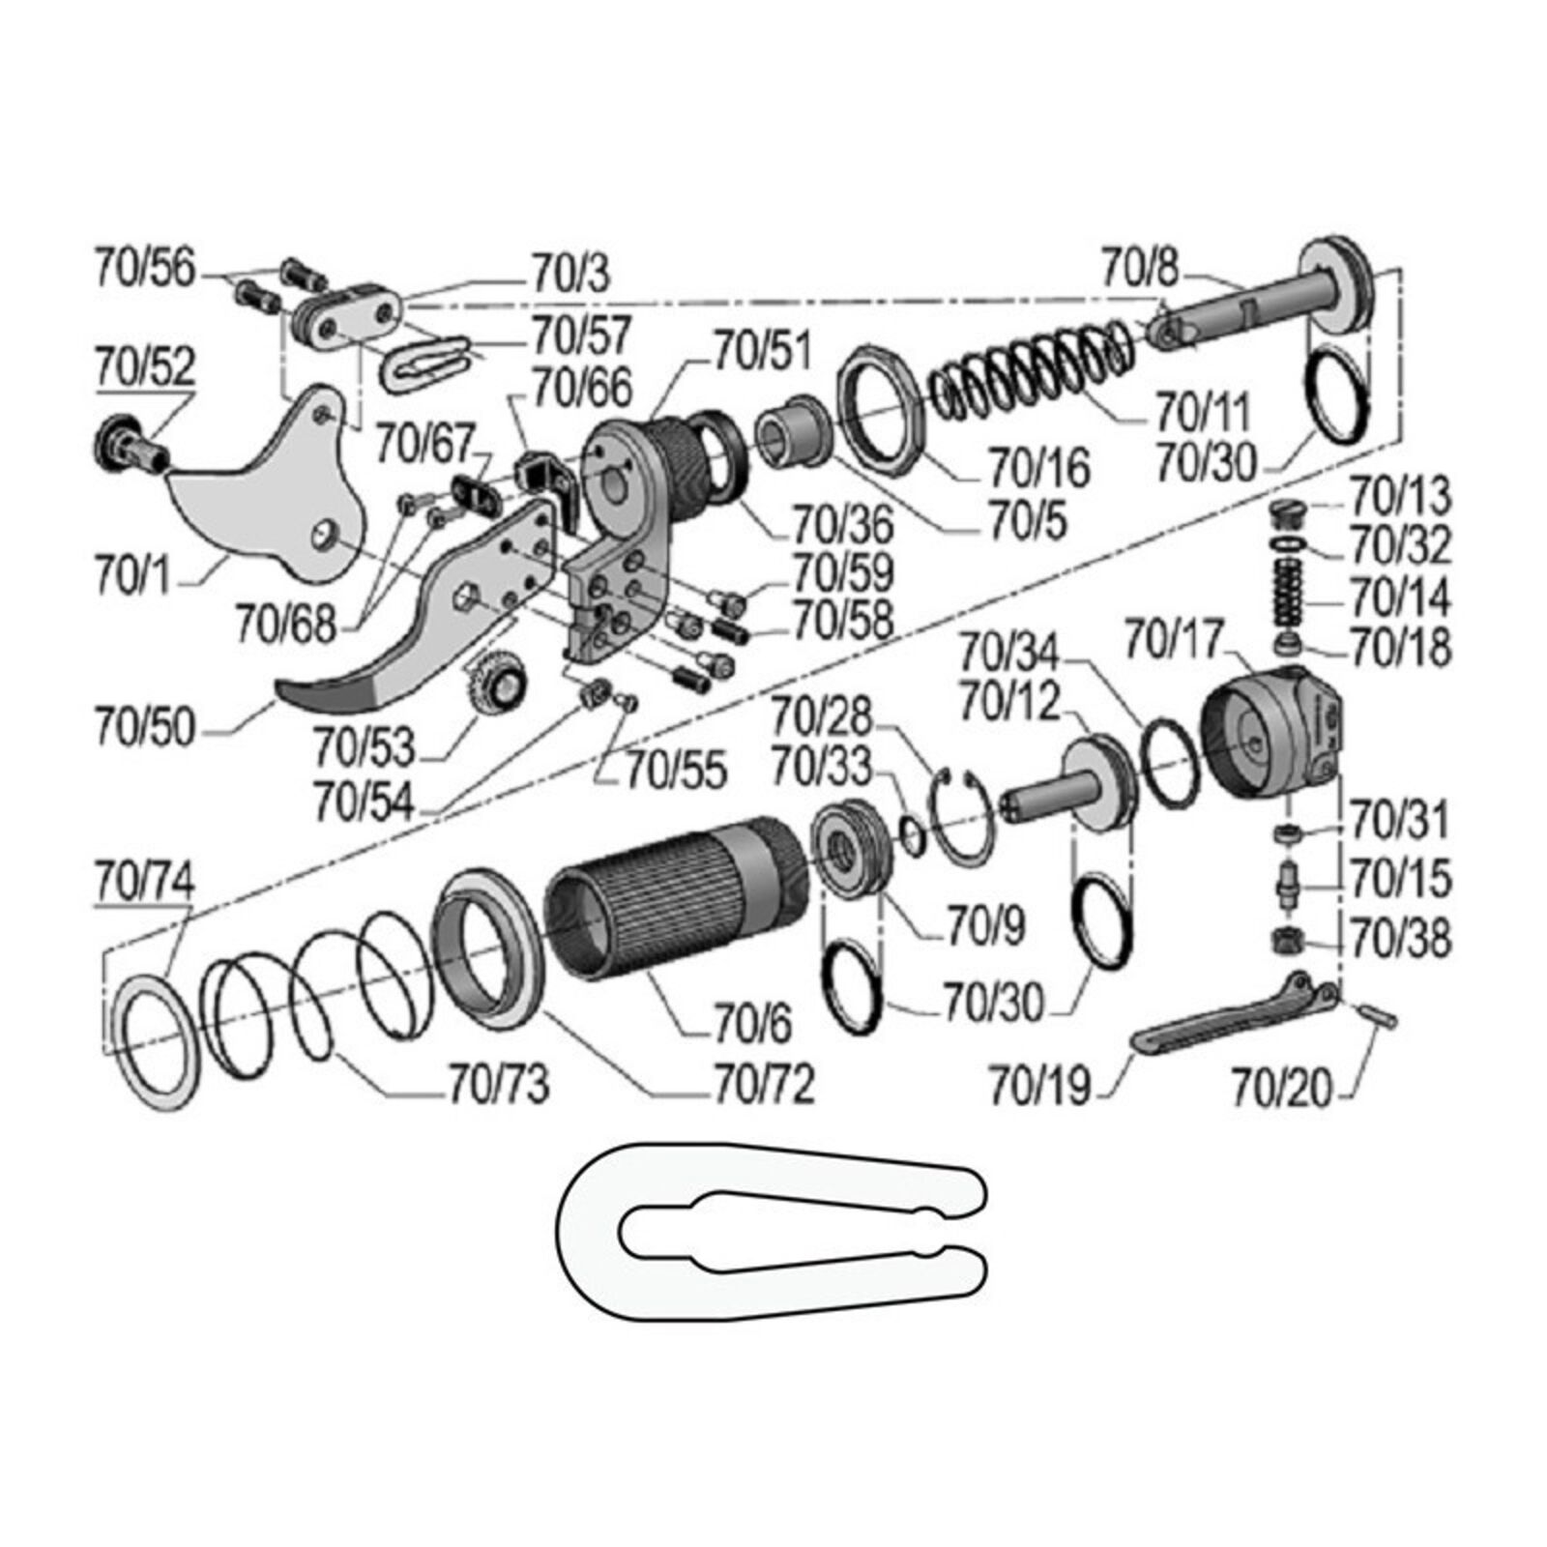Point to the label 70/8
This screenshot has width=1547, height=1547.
[x=1141, y=268]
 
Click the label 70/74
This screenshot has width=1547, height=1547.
[x=145, y=881]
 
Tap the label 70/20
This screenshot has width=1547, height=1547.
[x=1281, y=1089]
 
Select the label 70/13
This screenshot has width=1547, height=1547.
[x=1400, y=496]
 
